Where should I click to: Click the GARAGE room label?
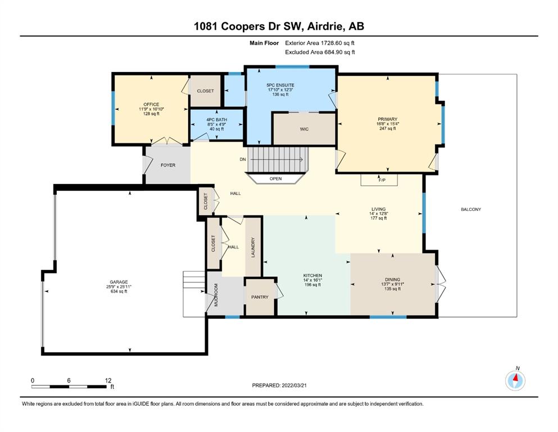[119, 282]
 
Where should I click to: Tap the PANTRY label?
[260, 297]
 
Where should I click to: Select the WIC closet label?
[304, 129]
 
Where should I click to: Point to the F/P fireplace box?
[379, 180]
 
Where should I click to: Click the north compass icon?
[515, 380]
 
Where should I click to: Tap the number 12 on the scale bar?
[108, 380]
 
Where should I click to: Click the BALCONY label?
[471, 209]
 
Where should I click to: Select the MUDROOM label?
[216, 295]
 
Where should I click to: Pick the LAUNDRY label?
[253, 247]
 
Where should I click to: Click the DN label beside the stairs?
[243, 159]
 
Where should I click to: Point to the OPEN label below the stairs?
[276, 179]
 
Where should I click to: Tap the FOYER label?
[168, 165]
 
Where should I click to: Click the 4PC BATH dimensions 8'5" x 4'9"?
[217, 124]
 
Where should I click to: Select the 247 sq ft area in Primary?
[388, 129]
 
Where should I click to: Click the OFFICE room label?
[151, 105]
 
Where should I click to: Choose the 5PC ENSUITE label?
[280, 85]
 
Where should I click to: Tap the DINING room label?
[393, 280]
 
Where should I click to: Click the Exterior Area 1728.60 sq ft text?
[320, 43]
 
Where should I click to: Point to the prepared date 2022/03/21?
[294, 385]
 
